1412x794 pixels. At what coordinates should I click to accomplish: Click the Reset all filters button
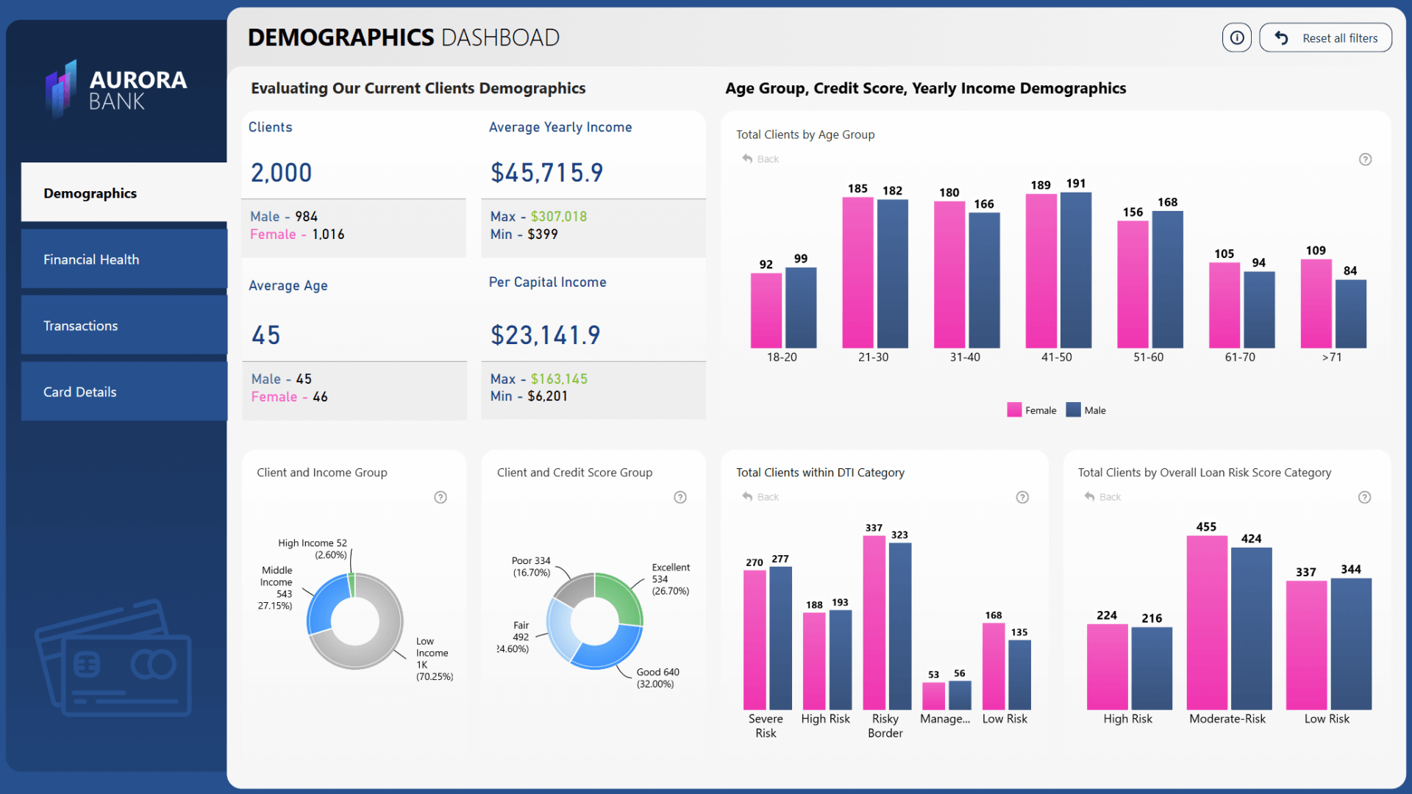tap(1325, 38)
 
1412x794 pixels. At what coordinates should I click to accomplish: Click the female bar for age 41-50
tap(1041, 272)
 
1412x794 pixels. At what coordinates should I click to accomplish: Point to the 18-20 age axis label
tap(782, 357)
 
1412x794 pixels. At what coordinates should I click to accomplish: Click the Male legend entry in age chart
tap(1086, 410)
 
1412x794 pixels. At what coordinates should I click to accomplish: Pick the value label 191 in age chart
tap(1076, 184)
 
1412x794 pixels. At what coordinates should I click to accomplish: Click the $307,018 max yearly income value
tap(559, 217)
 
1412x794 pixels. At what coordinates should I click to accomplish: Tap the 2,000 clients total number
tap(282, 174)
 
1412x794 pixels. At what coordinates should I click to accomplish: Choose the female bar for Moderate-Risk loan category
tap(1206, 625)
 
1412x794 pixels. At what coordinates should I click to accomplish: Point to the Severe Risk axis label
tap(766, 726)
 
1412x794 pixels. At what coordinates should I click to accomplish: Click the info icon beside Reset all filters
tap(1237, 38)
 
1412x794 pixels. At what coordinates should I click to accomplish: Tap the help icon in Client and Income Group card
tap(441, 498)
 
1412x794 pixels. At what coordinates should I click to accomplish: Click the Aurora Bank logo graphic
tap(61, 89)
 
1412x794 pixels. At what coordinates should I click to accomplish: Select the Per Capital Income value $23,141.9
tap(546, 336)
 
